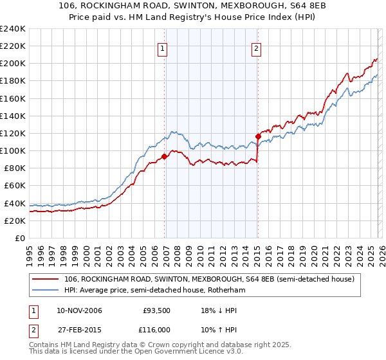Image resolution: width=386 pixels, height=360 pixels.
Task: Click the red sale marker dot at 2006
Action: (165, 156)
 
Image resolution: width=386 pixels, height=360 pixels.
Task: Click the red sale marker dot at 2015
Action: (258, 136)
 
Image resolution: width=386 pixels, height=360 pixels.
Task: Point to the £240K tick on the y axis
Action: (12, 29)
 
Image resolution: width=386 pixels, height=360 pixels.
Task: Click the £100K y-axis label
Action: (12, 150)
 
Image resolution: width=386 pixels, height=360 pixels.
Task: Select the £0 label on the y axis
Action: (19, 238)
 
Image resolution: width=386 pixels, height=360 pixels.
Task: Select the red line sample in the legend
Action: (46, 279)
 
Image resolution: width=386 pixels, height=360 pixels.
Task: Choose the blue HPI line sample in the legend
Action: (46, 291)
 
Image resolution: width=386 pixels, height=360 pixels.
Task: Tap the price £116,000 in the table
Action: (156, 328)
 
